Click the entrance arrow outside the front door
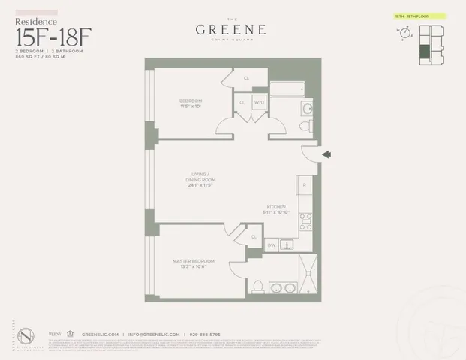(x=326, y=154)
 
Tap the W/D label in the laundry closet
(x=259, y=103)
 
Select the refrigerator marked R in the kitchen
(x=304, y=184)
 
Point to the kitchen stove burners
(x=305, y=221)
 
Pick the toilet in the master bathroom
(x=257, y=286)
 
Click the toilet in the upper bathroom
(x=305, y=127)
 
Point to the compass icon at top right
(x=406, y=34)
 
